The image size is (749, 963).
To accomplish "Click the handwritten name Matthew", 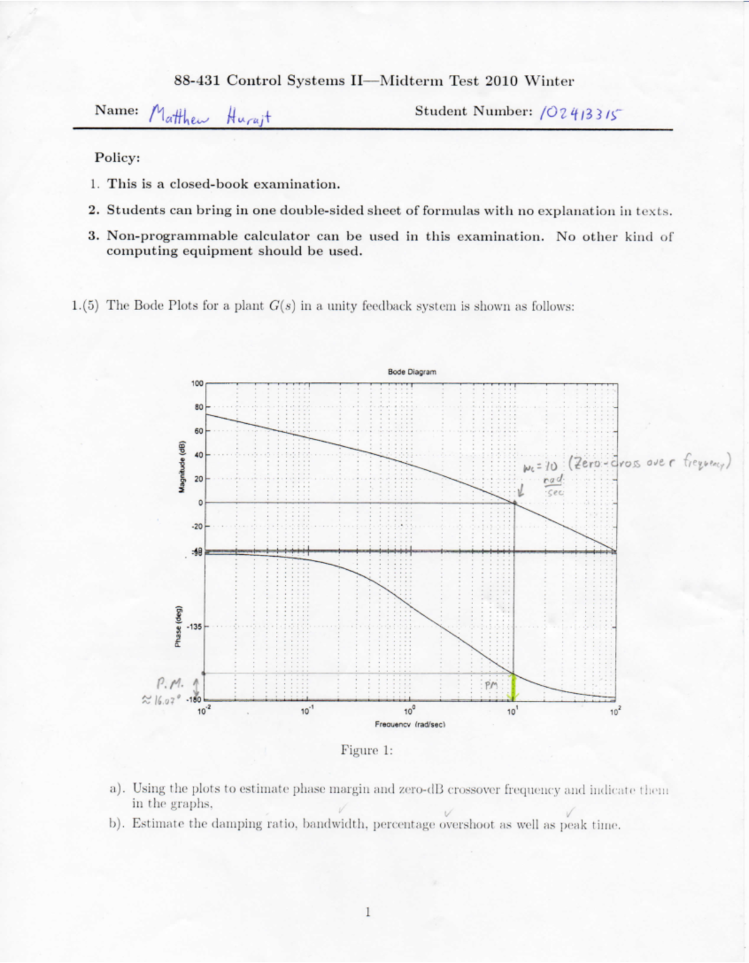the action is (184, 115).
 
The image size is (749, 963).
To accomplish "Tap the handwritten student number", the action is (580, 113).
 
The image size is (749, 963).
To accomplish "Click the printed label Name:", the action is (117, 110).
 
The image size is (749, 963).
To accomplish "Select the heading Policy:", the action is (117, 158).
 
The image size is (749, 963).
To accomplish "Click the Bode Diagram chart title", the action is (412, 372).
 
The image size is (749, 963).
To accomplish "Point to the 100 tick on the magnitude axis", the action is (197, 383).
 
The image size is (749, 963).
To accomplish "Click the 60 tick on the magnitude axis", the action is (198, 431).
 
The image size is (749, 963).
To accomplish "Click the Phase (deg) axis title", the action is (179, 627).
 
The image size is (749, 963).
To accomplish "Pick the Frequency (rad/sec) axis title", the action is (410, 725).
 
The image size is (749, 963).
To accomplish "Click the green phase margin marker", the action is (514, 687).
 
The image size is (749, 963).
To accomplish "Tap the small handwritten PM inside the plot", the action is (491, 685).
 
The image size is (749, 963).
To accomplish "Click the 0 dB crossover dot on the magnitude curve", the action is (515, 502).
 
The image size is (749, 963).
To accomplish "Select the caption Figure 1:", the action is (366, 750).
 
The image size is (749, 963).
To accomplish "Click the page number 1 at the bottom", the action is (368, 912).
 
